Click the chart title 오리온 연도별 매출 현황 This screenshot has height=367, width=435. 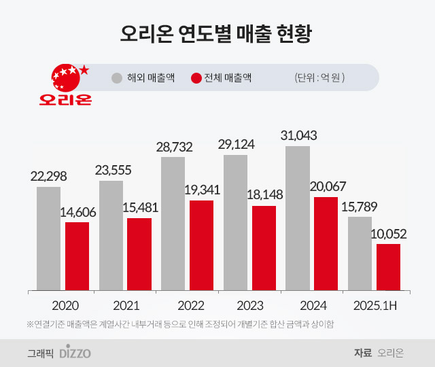(217, 33)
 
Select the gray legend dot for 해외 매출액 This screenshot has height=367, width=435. (117, 78)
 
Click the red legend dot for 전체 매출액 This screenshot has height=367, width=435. (196, 78)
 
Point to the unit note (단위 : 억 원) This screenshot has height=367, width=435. (319, 78)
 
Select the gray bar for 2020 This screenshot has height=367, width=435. (48, 238)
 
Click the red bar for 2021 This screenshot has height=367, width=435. (139, 254)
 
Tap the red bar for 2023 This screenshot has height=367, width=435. (264, 248)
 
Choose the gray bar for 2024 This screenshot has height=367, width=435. (298, 217)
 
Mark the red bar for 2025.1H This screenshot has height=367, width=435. (388, 267)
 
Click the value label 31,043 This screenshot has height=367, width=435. (298, 135)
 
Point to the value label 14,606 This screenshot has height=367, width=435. (77, 212)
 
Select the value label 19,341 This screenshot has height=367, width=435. (202, 190)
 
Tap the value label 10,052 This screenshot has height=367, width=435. (389, 234)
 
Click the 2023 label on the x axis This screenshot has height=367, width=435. (250, 305)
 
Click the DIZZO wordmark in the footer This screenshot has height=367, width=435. (75, 353)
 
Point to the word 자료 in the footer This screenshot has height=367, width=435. (362, 353)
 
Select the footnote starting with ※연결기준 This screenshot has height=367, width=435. (180, 324)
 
